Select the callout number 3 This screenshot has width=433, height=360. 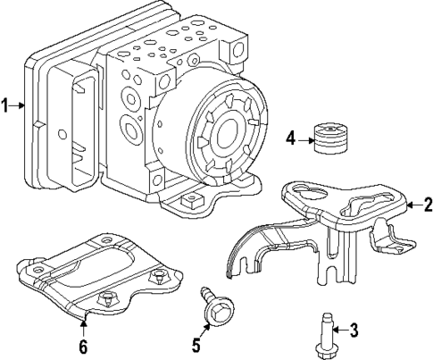353,331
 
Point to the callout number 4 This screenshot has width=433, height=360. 290,138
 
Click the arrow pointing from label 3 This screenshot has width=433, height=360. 339,331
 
